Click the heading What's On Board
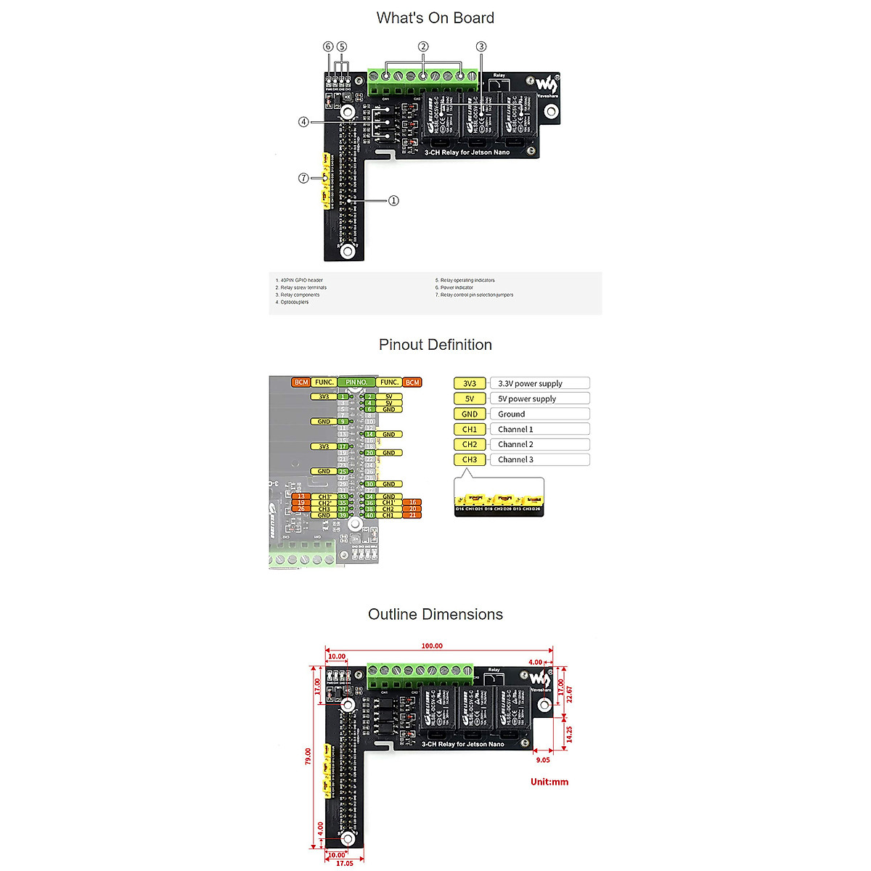click(435, 18)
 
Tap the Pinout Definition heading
click(435, 345)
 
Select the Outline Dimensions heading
click(435, 614)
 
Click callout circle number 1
click(393, 200)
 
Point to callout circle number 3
click(481, 46)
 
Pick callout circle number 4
click(303, 122)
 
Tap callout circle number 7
click(303, 178)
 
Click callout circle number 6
click(328, 46)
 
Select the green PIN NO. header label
click(356, 382)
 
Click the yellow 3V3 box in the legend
click(470, 383)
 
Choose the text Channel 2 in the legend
click(515, 444)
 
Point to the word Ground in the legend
click(511, 414)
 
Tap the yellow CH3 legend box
click(470, 459)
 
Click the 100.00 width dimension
click(432, 645)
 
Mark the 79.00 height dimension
click(308, 756)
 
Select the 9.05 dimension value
click(543, 760)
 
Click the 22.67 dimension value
click(570, 695)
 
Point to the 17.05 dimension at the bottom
click(344, 863)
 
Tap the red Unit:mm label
click(549, 782)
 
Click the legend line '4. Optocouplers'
click(292, 302)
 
